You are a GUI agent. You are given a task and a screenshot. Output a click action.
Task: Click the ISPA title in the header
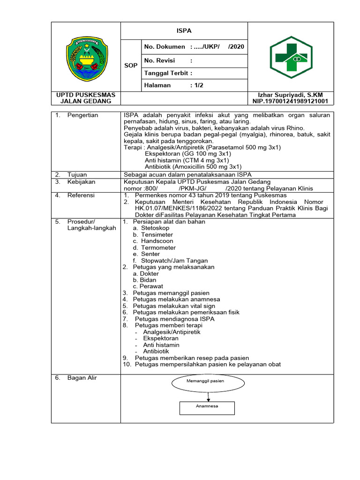(184, 30)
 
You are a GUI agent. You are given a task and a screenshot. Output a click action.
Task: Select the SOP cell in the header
(131, 65)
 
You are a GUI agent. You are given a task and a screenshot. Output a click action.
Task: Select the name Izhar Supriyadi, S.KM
(291, 95)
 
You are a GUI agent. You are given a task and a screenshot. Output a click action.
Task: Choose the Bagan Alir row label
(82, 377)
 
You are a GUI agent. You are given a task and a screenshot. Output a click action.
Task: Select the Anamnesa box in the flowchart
(206, 406)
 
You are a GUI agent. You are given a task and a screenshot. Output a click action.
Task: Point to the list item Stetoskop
(157, 228)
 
